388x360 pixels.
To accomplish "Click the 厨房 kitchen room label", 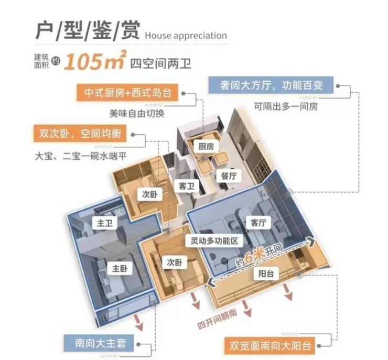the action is (206, 147).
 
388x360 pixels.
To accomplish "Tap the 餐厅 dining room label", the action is (229, 176).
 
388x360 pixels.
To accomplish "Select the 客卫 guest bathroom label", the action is (187, 186).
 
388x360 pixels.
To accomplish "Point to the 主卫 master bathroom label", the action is (105, 224).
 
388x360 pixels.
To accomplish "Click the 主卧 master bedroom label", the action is (120, 268).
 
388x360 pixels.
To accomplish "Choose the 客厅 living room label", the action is (258, 223).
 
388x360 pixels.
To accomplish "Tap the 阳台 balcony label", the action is (266, 274).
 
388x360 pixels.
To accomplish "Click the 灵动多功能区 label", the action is (214, 241).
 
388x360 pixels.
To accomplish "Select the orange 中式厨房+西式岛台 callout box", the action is (127, 92).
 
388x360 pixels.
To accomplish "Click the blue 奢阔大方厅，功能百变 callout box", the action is (271, 85).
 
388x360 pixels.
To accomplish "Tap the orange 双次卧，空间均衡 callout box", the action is (80, 133).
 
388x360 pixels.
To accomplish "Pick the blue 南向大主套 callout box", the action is (99, 343).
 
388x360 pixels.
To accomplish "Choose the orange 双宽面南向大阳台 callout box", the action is (270, 345).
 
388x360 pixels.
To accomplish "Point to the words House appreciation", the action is (186, 36).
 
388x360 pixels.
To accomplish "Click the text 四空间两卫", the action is (160, 63).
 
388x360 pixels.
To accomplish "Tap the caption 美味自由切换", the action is (137, 114).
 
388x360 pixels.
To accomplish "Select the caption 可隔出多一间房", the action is (286, 107).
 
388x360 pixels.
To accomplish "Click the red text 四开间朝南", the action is (217, 319).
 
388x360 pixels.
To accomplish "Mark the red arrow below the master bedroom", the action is (138, 322).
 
